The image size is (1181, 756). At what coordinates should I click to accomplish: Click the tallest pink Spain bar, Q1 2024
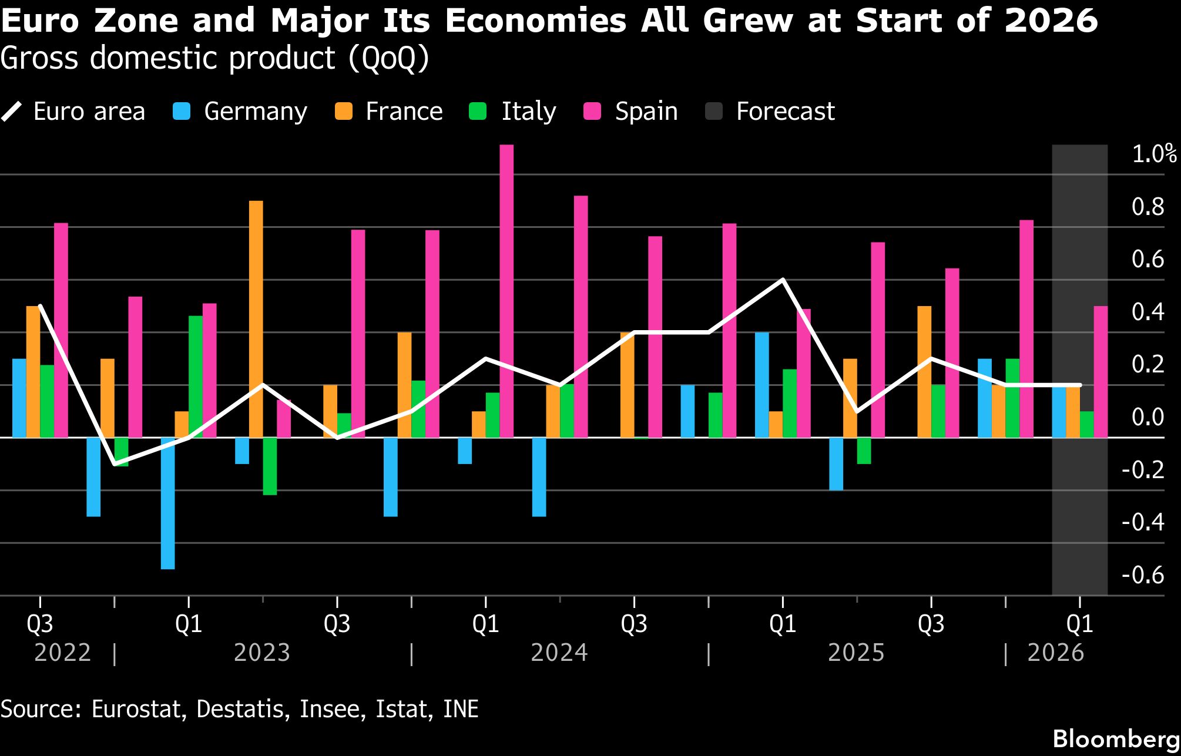[506, 291]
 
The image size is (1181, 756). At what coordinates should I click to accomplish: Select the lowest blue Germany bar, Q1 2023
[167, 503]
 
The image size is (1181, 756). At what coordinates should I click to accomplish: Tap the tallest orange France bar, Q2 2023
[256, 319]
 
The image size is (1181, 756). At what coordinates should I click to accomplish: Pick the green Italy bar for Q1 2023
[195, 377]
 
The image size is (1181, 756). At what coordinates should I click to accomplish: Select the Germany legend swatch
[182, 111]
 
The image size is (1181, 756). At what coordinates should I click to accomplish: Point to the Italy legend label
[528, 111]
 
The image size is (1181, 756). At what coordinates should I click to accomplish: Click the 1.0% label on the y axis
[1153, 154]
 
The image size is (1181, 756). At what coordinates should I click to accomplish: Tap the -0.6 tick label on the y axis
[1143, 574]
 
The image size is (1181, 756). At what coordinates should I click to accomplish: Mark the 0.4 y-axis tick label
[1148, 312]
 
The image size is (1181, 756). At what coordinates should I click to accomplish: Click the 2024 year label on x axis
[559, 653]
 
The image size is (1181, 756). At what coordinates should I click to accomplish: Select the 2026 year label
[1055, 653]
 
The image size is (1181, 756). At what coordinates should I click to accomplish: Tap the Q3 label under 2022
[40, 623]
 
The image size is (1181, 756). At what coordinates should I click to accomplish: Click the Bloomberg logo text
[1116, 739]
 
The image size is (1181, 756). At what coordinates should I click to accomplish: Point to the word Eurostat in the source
[136, 708]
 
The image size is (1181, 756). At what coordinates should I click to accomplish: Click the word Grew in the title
[747, 21]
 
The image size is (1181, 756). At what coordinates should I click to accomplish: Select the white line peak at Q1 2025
[783, 280]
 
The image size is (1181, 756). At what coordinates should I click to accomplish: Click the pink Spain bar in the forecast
[1101, 372]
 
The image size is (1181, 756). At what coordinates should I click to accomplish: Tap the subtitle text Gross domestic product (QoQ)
[214, 58]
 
